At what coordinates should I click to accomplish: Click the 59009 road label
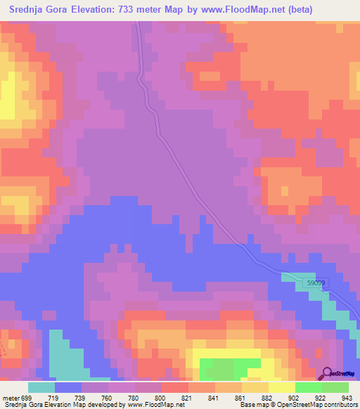click(x=316, y=283)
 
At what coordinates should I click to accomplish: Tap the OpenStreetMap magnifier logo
click(x=326, y=375)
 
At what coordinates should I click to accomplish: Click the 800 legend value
click(x=160, y=398)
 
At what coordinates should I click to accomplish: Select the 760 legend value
click(x=107, y=398)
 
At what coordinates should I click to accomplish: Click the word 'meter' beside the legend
click(x=11, y=398)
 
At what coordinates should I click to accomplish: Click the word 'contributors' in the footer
click(x=340, y=405)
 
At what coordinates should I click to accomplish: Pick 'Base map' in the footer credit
click(x=250, y=405)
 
